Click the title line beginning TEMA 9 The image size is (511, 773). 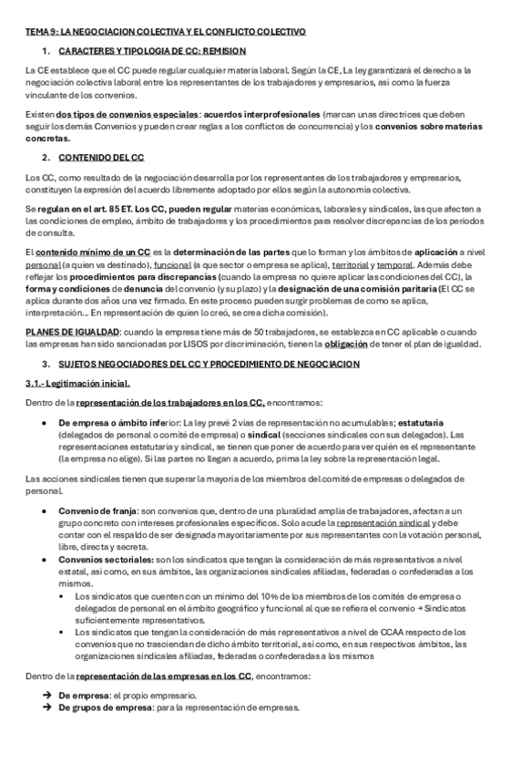[x=165, y=32]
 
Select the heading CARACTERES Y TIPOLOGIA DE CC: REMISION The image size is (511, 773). [x=151, y=50]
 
